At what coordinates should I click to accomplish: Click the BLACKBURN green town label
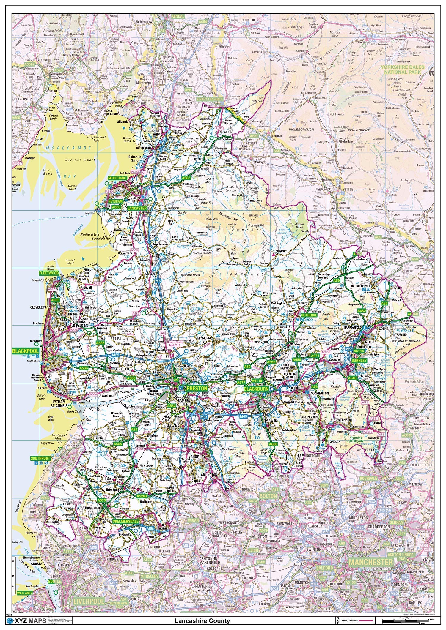[256, 389]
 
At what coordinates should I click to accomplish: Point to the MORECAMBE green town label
[117, 178]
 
